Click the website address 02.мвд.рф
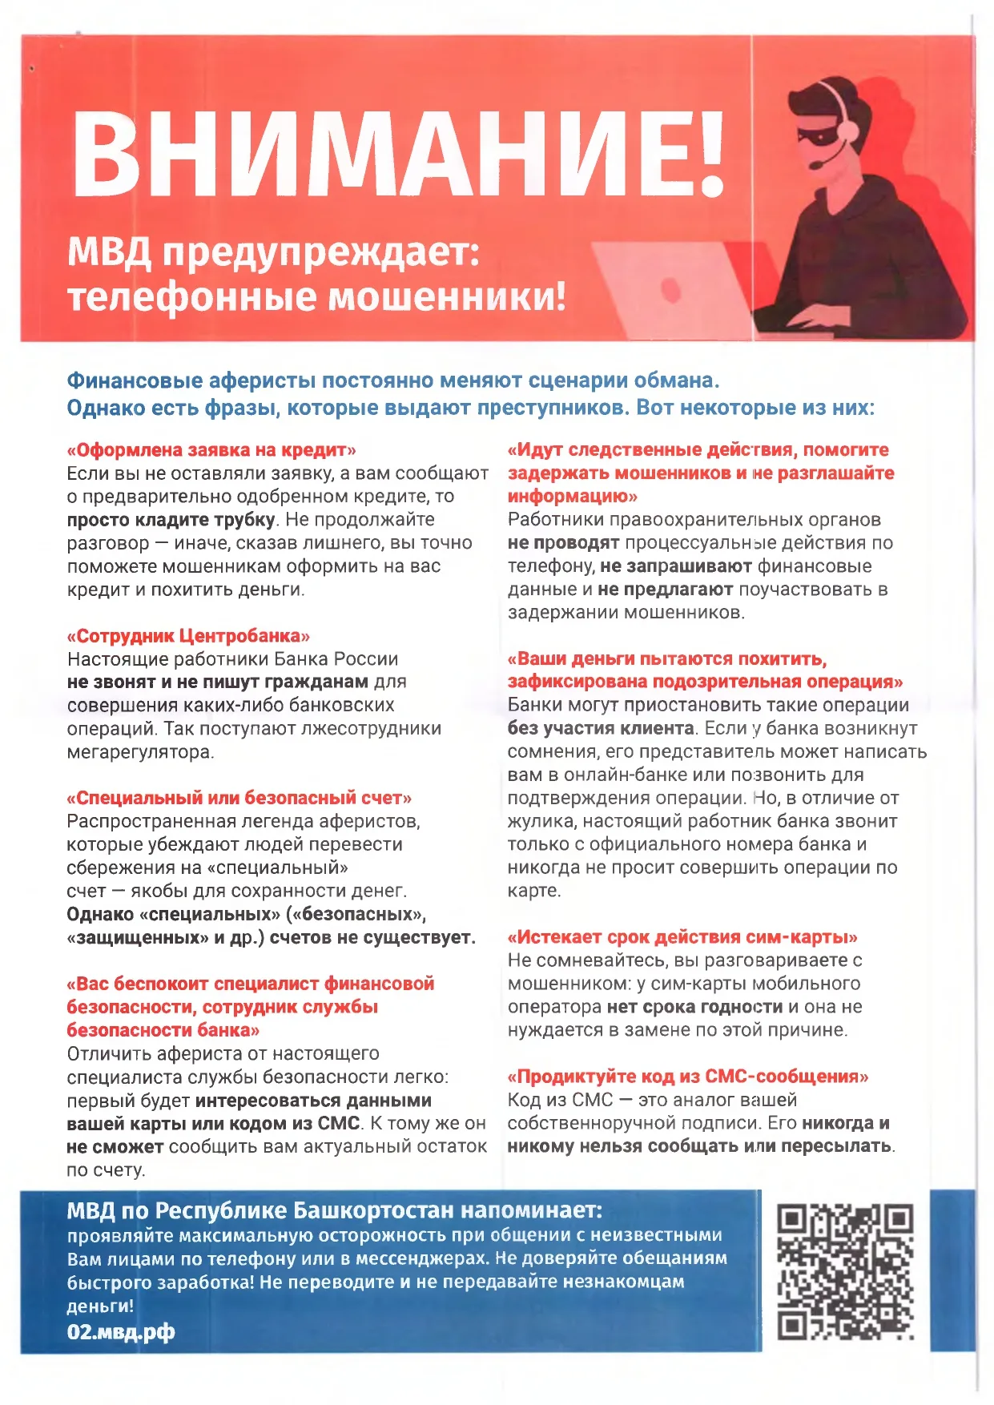pos(120,1332)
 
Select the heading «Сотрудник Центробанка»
pos(188,636)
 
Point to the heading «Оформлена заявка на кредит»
pos(211,449)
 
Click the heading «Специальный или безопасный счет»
pos(239,798)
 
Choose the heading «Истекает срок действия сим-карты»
pos(682,937)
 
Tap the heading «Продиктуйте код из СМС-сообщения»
pos(688,1077)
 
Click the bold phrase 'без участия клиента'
pos(601,729)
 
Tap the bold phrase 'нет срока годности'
pos(694,1007)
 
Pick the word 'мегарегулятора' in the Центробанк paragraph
pos(140,752)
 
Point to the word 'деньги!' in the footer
pos(100,1306)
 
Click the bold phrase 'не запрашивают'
pos(675,566)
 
